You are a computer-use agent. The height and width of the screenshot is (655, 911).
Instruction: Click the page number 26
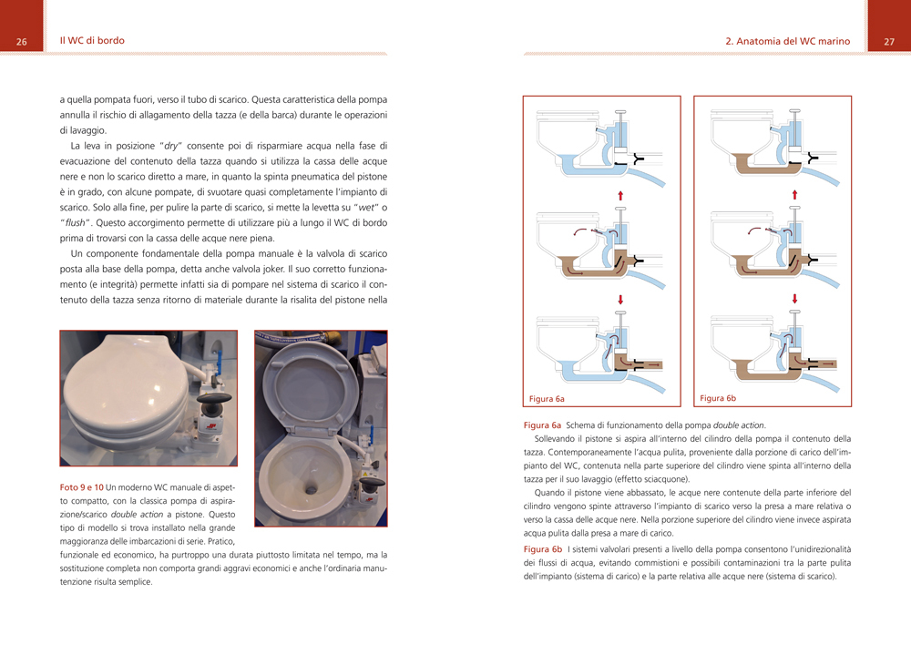[22, 42]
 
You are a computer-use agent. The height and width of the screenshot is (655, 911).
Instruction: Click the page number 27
[889, 42]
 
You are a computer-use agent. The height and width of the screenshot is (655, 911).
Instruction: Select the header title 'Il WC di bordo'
[92, 41]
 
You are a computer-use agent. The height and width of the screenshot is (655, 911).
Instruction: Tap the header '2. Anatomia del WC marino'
[787, 42]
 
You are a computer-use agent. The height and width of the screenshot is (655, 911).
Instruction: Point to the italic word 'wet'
[357, 207]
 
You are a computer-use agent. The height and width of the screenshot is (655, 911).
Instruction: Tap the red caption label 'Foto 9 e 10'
[81, 487]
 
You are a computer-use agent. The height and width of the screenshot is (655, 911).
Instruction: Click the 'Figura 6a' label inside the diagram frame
[548, 399]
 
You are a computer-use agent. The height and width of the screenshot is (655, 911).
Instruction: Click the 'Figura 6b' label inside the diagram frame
[718, 398]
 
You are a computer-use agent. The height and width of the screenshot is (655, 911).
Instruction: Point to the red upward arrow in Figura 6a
[620, 194]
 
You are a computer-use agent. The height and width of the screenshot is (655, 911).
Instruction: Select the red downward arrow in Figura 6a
[620, 298]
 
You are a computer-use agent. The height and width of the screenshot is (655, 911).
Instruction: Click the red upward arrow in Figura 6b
[795, 194]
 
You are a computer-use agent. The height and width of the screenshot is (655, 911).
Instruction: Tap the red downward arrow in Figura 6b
[795, 298]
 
